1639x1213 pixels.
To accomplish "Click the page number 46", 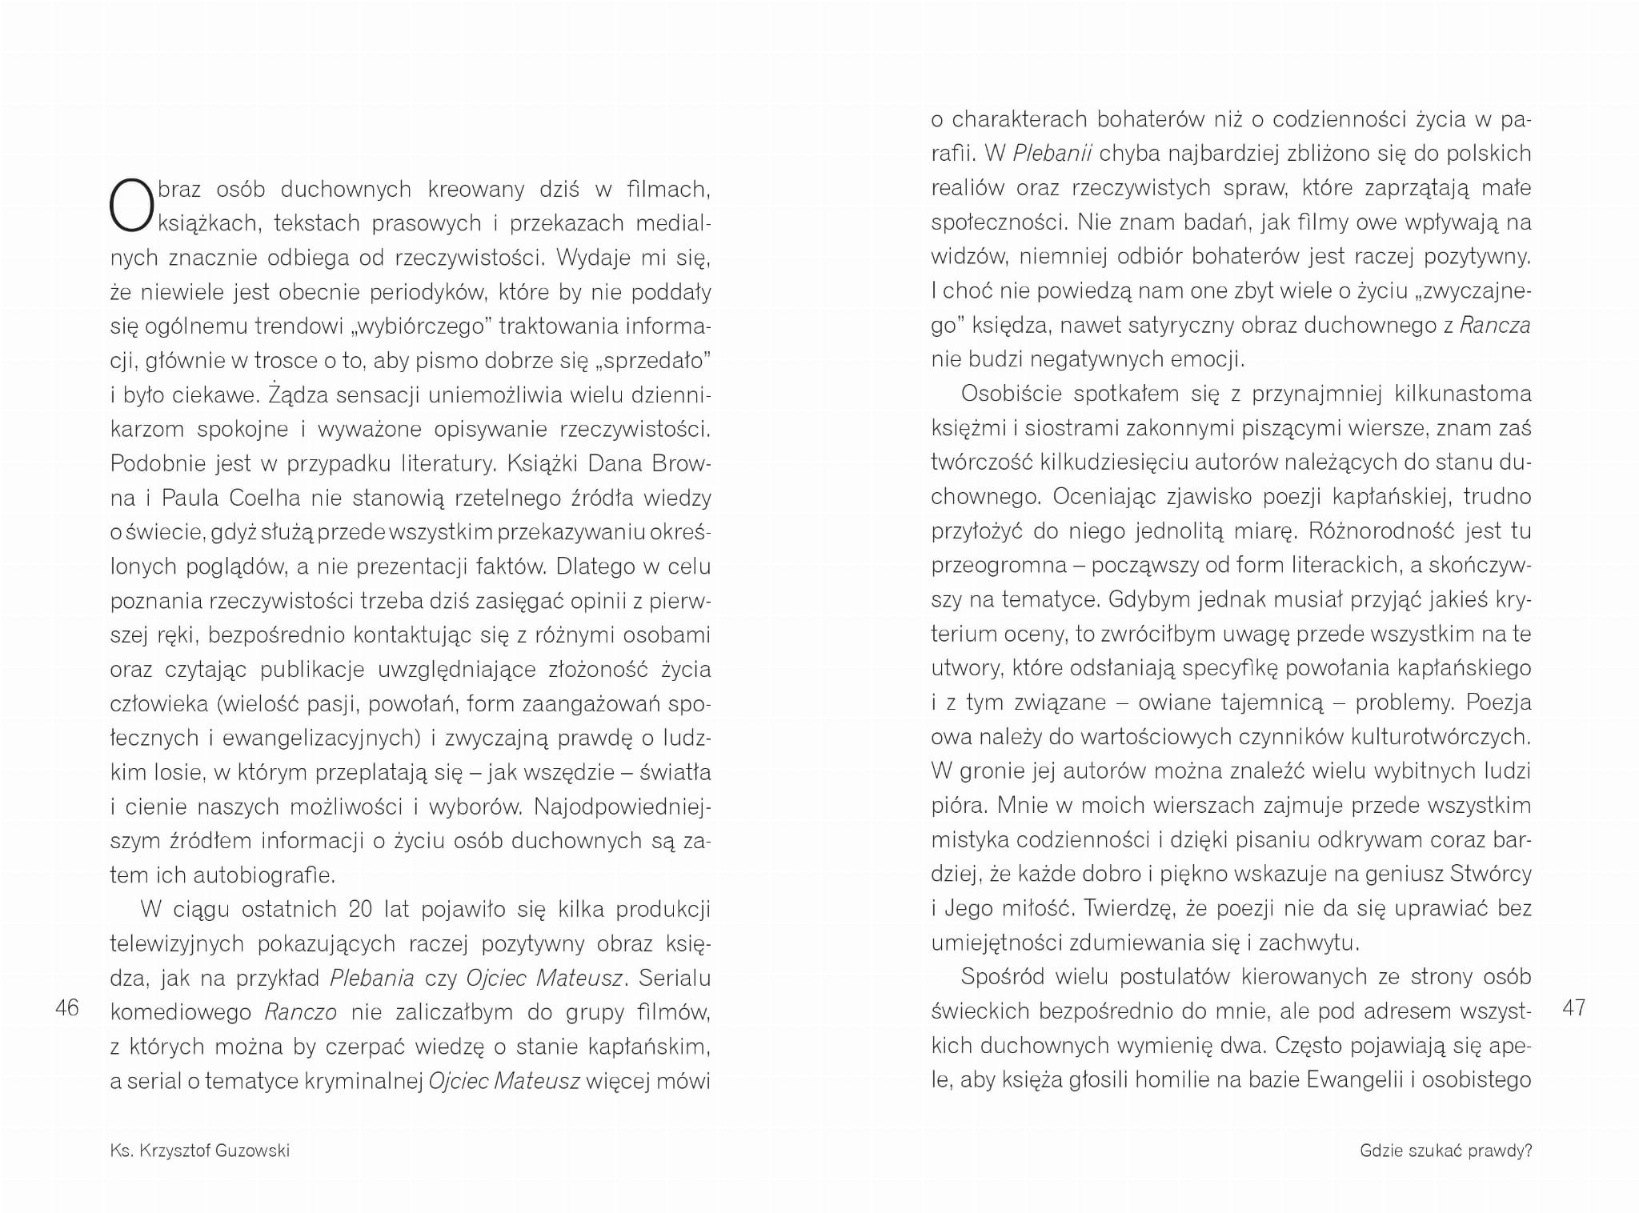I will (67, 1007).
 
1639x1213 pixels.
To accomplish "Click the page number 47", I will (1573, 1007).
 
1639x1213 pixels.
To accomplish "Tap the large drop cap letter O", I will (131, 205).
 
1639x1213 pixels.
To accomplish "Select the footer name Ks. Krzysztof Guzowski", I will (200, 1151).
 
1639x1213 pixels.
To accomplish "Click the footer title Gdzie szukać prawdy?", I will (1445, 1151).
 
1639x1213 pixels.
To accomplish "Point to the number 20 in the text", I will (361, 909).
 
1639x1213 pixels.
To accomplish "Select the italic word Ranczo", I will (301, 1012).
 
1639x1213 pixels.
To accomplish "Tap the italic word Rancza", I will (1495, 325).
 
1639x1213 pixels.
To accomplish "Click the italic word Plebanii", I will (1052, 153).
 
